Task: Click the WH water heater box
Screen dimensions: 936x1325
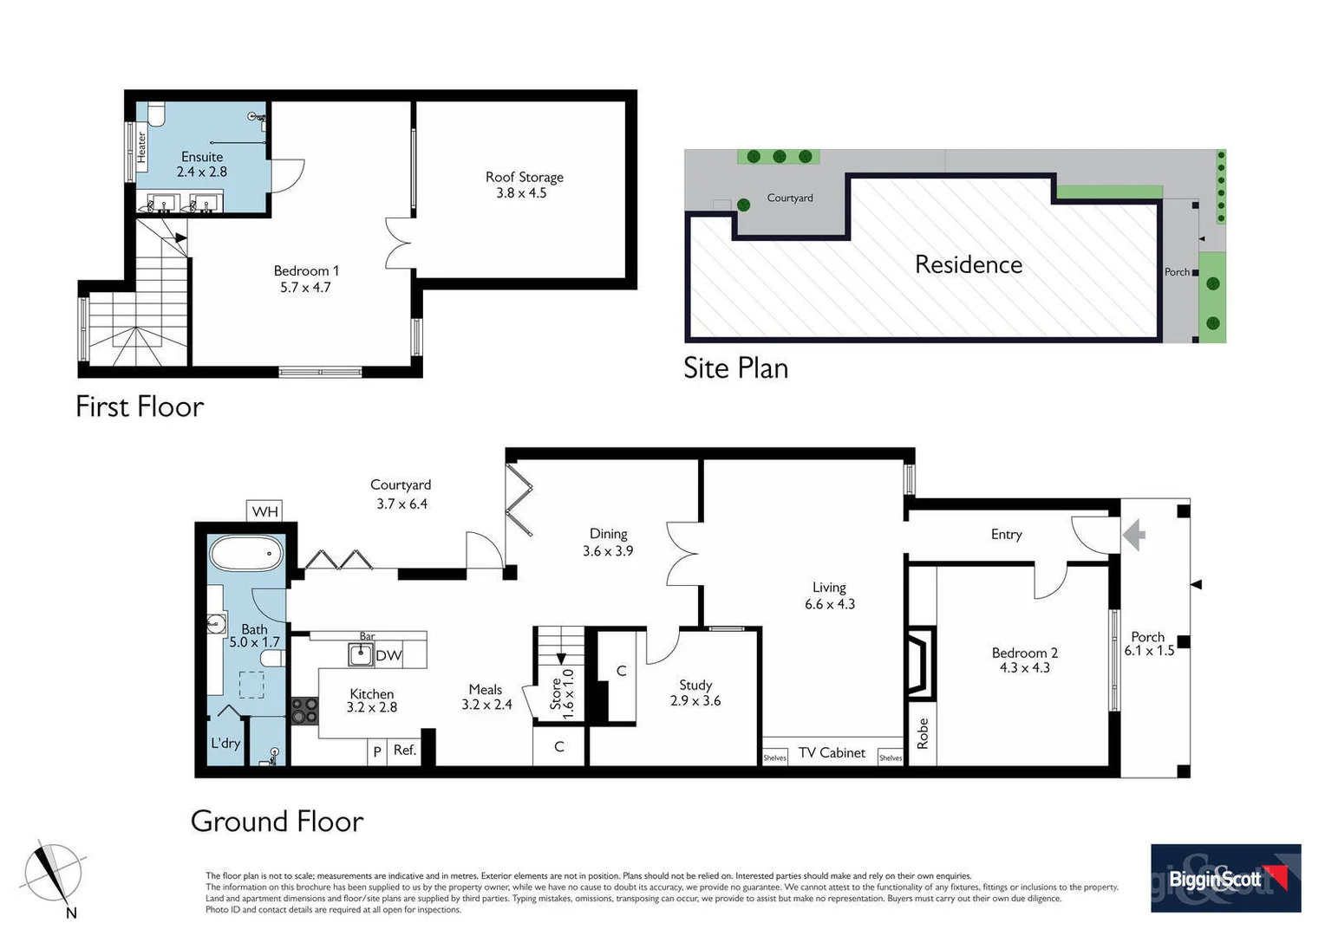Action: (x=264, y=511)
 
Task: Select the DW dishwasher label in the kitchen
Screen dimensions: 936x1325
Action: (x=388, y=655)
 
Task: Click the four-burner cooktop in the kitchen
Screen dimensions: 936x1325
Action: (x=304, y=711)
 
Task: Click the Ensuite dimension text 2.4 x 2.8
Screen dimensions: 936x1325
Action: (x=202, y=172)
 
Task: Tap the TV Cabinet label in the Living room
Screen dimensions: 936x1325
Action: (x=832, y=752)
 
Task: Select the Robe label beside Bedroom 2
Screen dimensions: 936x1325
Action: (x=923, y=733)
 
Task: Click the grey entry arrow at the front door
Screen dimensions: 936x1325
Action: (x=1133, y=535)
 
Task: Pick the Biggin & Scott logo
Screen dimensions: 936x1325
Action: (x=1225, y=878)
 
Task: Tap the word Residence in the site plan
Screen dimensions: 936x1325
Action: (x=969, y=264)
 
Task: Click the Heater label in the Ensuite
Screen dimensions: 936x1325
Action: (x=141, y=147)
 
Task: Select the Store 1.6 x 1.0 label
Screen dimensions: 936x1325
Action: (x=563, y=690)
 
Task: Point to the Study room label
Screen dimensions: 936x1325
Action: (x=695, y=685)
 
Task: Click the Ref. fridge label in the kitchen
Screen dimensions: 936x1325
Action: (x=404, y=750)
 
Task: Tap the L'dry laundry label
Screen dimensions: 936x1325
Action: (x=225, y=743)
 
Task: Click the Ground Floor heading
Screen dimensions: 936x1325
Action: (x=277, y=821)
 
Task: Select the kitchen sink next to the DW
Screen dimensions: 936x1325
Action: (x=361, y=654)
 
